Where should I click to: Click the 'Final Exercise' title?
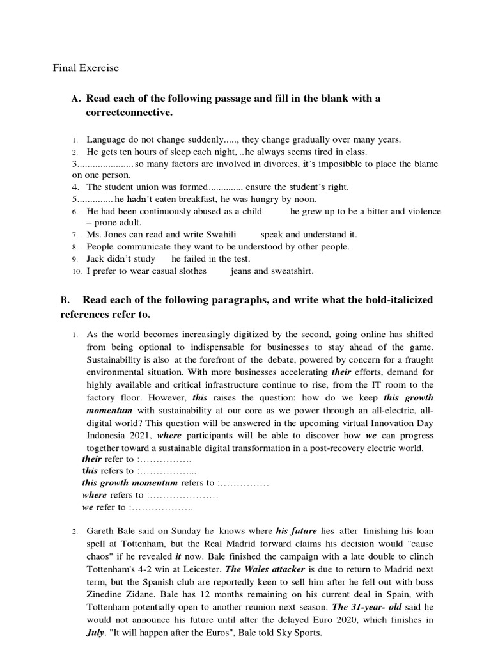coord(85,67)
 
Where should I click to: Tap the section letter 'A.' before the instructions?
coord(76,99)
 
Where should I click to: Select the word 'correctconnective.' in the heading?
coord(129,113)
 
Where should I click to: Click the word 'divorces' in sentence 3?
coord(258,164)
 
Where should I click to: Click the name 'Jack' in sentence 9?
coord(95,259)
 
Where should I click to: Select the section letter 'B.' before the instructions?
coord(65,300)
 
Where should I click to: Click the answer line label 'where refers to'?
coord(113,495)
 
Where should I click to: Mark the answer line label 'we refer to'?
coord(104,507)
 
